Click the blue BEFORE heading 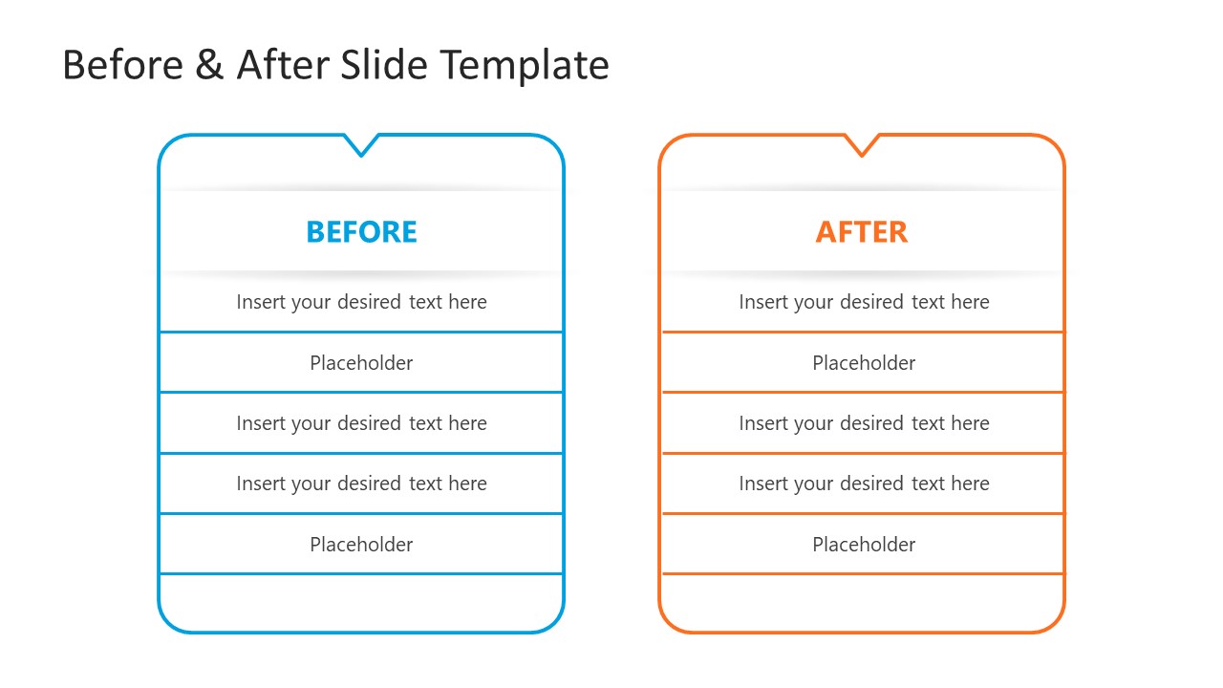361,232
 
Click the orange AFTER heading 861,232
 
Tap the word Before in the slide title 123,66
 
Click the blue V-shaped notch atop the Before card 361,146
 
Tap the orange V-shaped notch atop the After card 861,146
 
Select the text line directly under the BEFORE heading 361,302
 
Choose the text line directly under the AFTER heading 864,302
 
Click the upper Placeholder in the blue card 361,363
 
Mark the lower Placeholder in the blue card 361,545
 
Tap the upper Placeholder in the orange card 864,363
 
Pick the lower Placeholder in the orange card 864,545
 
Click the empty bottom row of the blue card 361,602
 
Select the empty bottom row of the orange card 862,602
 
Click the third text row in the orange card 864,423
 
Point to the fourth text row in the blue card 361,484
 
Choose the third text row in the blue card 361,423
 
